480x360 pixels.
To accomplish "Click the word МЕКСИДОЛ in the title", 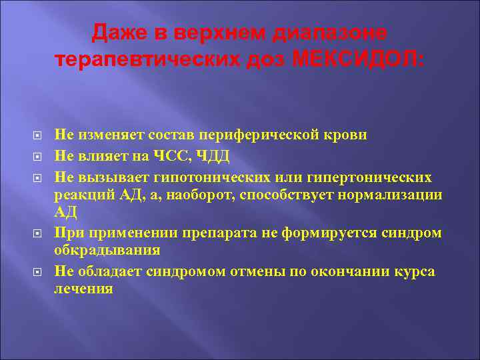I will (x=357, y=59).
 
